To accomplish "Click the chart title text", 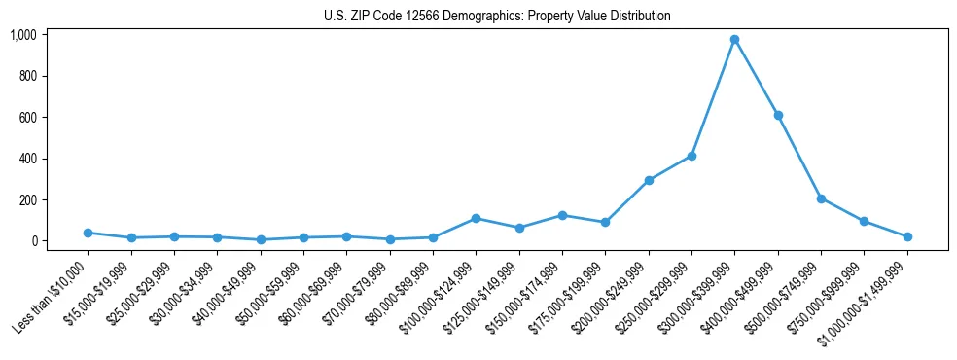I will click(497, 17).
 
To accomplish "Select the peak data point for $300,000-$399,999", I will click(734, 39).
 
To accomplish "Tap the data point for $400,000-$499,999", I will click(778, 115).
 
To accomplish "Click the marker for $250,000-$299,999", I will click(691, 156).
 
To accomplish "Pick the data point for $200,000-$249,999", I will click(649, 180).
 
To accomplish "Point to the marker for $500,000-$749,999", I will click(821, 198).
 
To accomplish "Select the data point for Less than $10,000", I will click(88, 233).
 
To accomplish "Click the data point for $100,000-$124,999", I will click(476, 218).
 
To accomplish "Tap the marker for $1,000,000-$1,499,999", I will click(907, 236).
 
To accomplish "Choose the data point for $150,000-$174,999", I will click(562, 215).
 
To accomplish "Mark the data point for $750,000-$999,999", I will click(864, 221).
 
